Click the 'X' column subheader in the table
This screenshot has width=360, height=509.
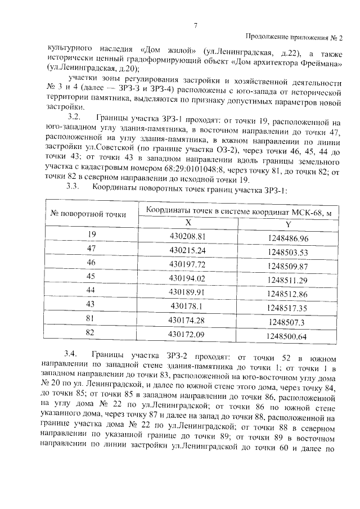click(188, 222)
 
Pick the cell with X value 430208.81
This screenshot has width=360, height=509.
click(188, 236)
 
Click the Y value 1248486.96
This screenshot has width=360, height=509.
click(288, 238)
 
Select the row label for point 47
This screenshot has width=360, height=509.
click(92, 249)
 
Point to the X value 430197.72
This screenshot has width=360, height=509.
click(188, 264)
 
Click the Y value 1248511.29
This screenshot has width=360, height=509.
click(288, 280)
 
